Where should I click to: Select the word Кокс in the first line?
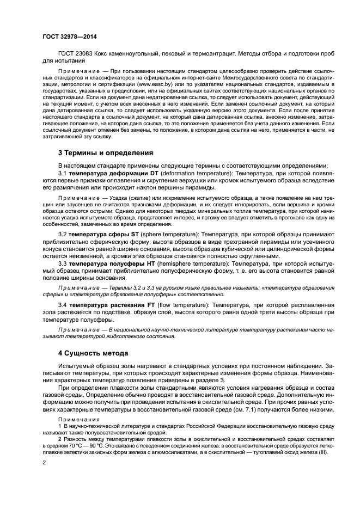point(107,54)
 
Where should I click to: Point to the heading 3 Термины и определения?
point(106,152)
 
